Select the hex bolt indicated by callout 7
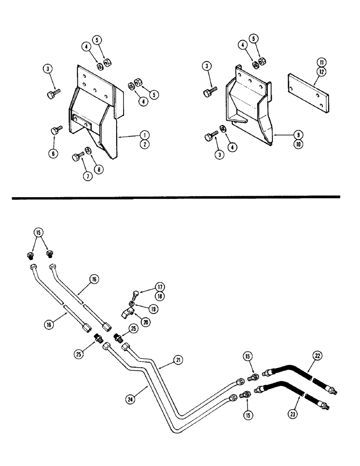pyautogui.click(x=76, y=157)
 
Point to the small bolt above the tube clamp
pyautogui.click(x=133, y=295)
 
